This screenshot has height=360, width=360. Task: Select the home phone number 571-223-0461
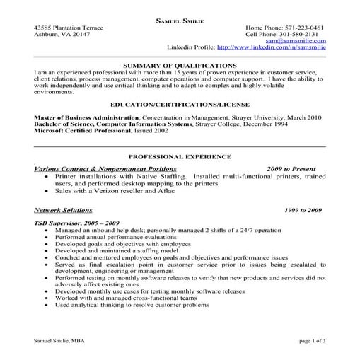pos(303,28)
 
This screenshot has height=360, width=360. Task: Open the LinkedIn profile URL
pos(272,47)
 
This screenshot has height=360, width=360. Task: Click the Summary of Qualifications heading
pos(179,64)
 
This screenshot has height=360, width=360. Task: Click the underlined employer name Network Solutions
pos(63,210)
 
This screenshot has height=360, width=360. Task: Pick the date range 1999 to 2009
pos(303,211)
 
